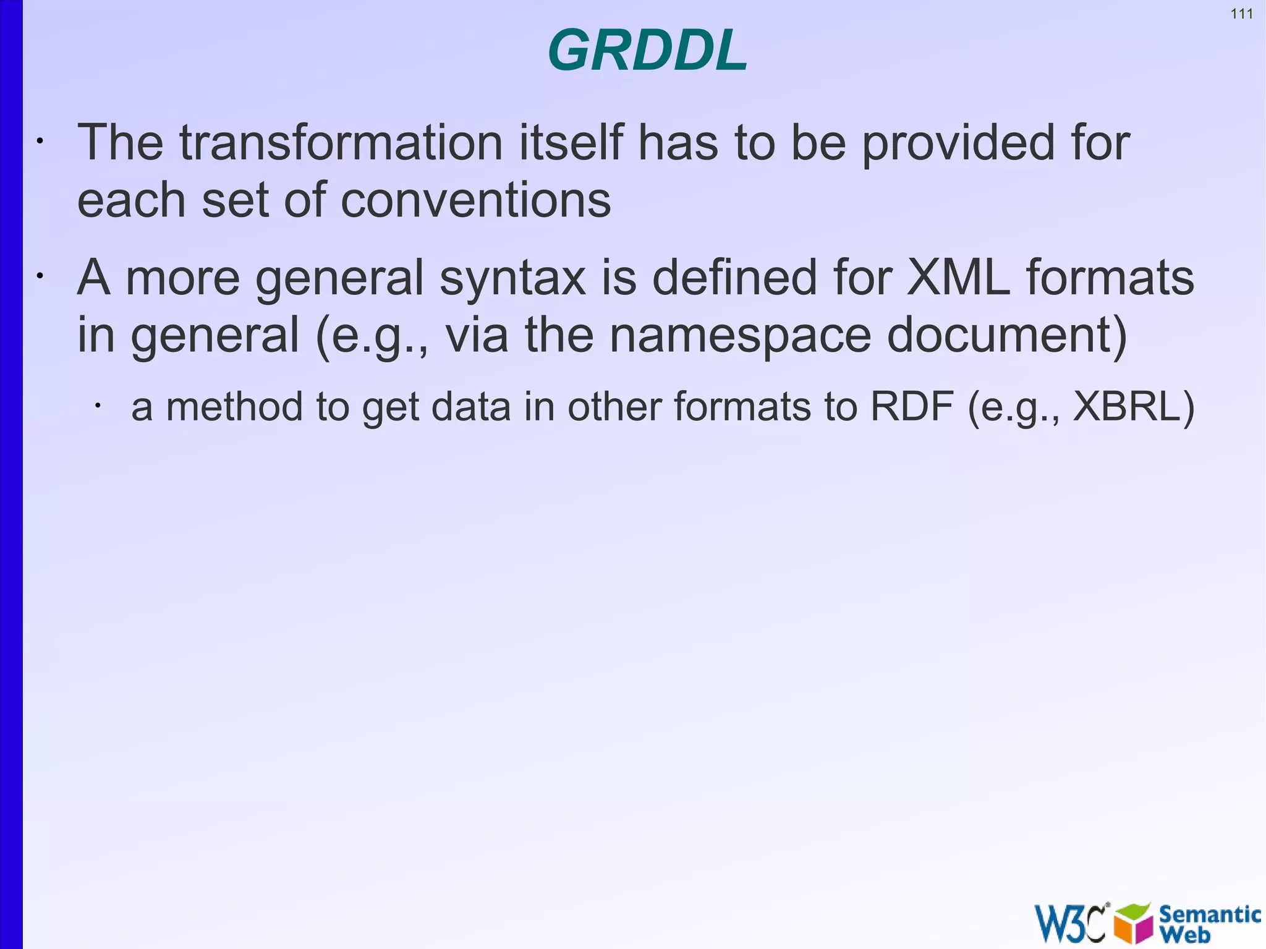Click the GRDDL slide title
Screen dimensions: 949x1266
(x=647, y=51)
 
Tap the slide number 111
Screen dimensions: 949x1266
(x=1241, y=14)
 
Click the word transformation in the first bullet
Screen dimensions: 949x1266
(x=341, y=143)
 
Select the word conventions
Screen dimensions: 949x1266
(x=475, y=200)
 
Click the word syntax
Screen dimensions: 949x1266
(x=512, y=278)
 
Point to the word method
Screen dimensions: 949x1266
(x=234, y=407)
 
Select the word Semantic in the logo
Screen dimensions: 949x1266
(x=1210, y=914)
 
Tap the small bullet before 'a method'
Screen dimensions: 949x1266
(x=97, y=406)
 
